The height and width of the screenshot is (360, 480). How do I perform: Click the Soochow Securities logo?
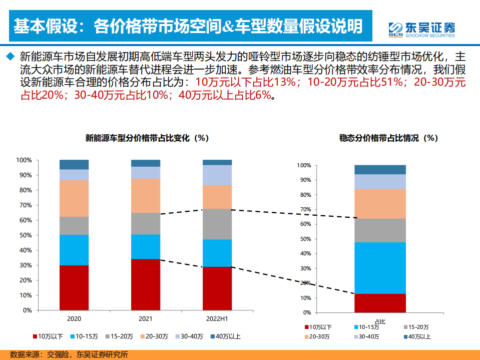click(x=422, y=29)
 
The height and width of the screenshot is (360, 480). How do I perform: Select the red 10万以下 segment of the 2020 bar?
click(x=74, y=287)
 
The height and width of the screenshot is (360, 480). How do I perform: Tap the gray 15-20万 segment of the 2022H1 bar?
click(x=217, y=224)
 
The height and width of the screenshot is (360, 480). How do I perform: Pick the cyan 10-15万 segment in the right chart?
click(x=380, y=268)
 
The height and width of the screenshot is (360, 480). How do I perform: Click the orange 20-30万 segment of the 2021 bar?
click(x=146, y=196)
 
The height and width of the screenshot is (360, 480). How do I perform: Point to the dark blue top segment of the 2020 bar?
click(x=74, y=164)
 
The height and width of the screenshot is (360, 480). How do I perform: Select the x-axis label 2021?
click(x=146, y=318)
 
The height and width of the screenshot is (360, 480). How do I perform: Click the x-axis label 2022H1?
click(x=217, y=318)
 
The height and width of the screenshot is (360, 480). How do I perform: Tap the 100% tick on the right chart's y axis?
click(x=304, y=165)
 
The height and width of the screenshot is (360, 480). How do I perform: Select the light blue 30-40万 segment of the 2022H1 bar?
click(x=217, y=175)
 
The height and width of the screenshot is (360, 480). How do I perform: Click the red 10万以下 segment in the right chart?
click(x=380, y=303)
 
